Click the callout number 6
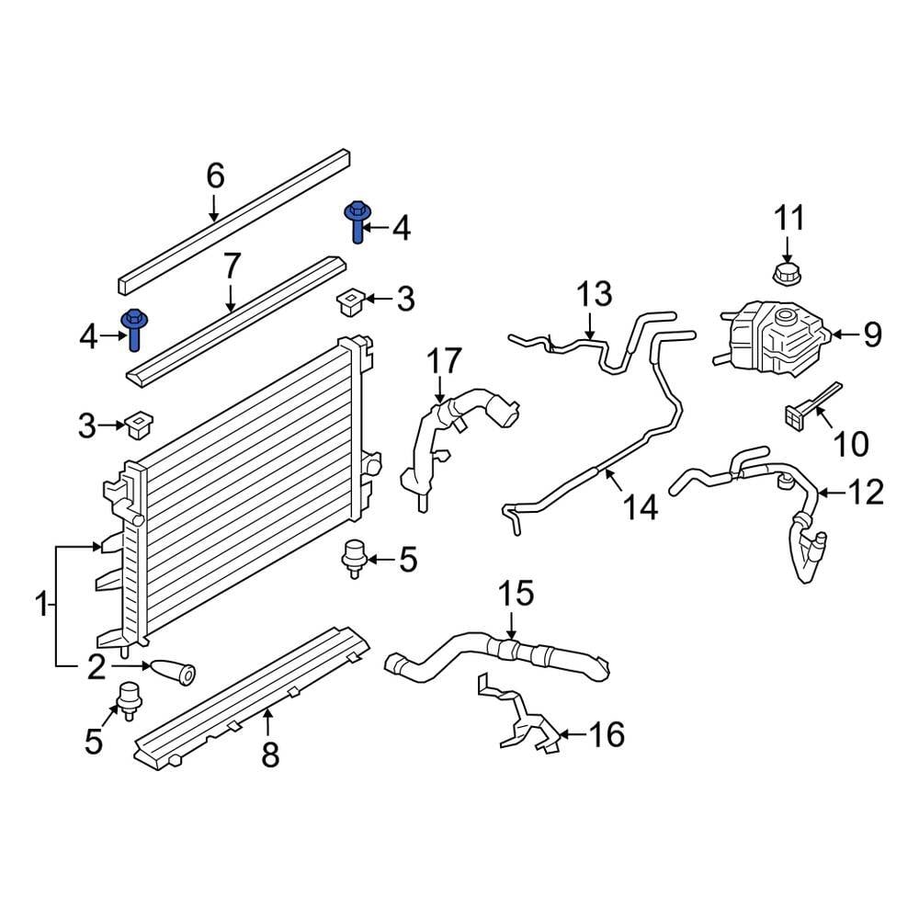[x=214, y=176]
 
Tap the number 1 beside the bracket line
[x=40, y=606]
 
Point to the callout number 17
[x=444, y=361]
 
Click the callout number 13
[x=594, y=295]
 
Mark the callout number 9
[x=871, y=335]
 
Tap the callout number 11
[x=789, y=219]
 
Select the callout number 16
[x=607, y=734]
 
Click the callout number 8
[x=269, y=754]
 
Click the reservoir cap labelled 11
[x=787, y=273]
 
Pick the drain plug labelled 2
[x=174, y=673]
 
